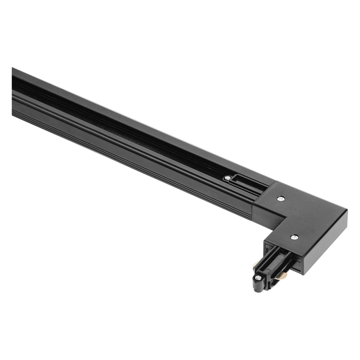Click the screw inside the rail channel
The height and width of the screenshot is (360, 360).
pyautogui.click(x=227, y=178)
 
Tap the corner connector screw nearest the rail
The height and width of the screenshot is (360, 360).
pyautogui.click(x=281, y=198)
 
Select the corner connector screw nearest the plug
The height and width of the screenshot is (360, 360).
pyautogui.click(x=294, y=237)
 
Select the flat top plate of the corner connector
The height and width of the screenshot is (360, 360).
pyautogui.click(x=310, y=211)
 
